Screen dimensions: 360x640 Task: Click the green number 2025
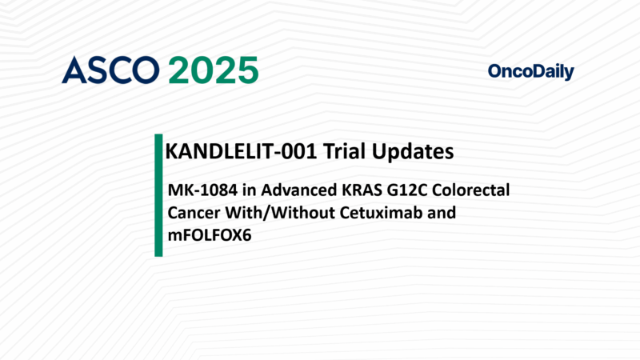click(213, 70)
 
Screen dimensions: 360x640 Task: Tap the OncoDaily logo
click(530, 72)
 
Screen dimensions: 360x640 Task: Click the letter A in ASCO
click(74, 70)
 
